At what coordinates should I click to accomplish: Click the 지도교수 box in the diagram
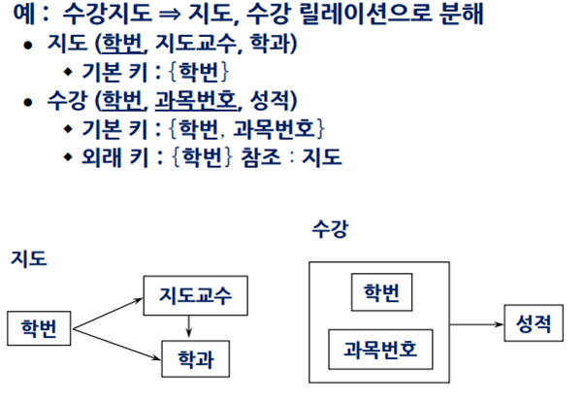(x=189, y=294)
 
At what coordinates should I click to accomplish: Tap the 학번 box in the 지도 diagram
(x=39, y=328)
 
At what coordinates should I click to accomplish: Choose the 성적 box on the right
(x=534, y=323)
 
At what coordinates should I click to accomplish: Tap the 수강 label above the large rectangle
(x=330, y=230)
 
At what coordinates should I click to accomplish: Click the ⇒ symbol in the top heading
(x=180, y=17)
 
